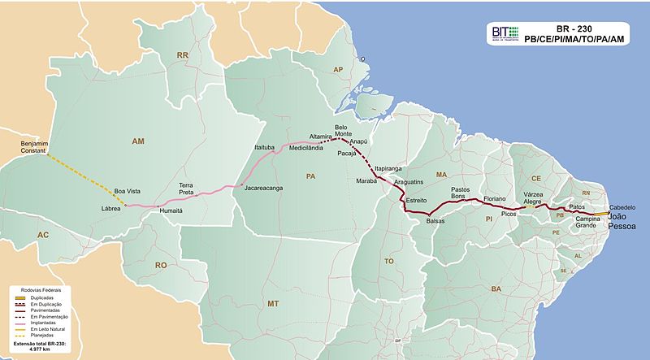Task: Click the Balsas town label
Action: tap(437, 219)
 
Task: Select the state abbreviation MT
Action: tap(271, 303)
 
